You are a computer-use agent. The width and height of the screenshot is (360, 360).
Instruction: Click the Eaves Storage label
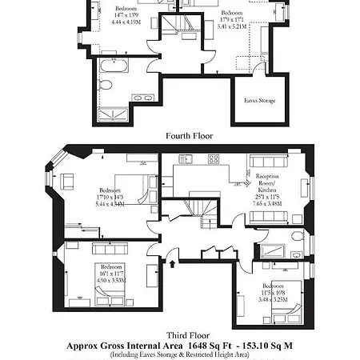click(259, 100)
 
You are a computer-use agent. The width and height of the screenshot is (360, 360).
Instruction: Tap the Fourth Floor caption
click(190, 136)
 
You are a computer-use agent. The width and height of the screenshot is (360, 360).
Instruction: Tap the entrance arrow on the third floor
click(172, 261)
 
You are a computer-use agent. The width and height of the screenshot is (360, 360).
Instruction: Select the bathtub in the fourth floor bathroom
click(120, 66)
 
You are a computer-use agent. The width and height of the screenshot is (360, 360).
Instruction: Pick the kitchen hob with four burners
click(214, 159)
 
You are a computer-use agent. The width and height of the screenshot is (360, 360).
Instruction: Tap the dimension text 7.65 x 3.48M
click(267, 203)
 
